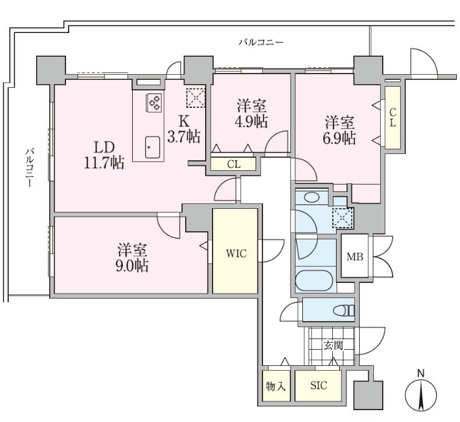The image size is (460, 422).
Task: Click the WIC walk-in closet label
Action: click(x=236, y=254)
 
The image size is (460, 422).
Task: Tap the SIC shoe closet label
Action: click(x=319, y=385)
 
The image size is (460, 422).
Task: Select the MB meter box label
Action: click(x=355, y=257)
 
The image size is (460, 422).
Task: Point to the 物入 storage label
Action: click(x=276, y=386)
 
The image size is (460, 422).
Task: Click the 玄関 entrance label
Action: click(x=333, y=345)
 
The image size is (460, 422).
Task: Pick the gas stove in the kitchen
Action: click(x=154, y=103)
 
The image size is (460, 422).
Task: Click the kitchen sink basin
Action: click(x=153, y=147)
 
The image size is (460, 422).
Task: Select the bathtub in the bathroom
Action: click(x=314, y=281)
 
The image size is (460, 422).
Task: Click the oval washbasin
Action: click(x=312, y=197)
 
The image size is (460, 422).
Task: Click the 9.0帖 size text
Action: click(x=132, y=266)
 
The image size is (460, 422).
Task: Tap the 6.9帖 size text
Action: click(x=340, y=138)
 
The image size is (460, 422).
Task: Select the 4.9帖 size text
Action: click(x=251, y=121)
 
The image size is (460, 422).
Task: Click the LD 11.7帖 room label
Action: click(x=104, y=155)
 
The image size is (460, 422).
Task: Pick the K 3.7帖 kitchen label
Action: click(x=184, y=129)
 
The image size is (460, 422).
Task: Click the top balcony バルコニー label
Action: click(x=261, y=43)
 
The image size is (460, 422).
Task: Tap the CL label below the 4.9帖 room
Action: click(x=234, y=165)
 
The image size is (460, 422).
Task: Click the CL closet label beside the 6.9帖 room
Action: click(x=393, y=117)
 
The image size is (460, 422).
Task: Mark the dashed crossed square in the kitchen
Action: click(x=196, y=97)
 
